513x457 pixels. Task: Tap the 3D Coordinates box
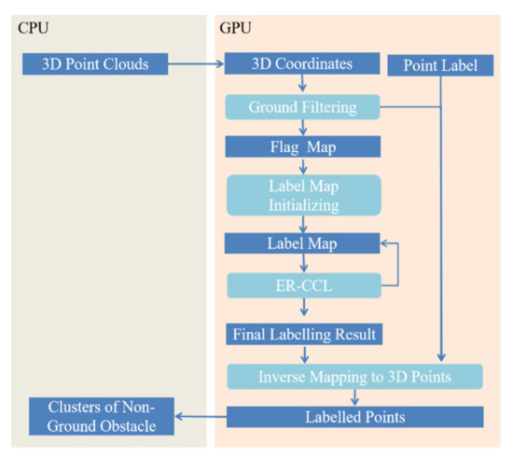pyautogui.click(x=302, y=65)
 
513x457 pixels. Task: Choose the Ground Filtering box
pyautogui.click(x=302, y=107)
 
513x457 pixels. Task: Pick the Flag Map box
pyautogui.click(x=302, y=146)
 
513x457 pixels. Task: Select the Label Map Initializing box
pyautogui.click(x=302, y=194)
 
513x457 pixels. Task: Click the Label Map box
pyautogui.click(x=302, y=242)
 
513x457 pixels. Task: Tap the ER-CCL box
pyautogui.click(x=302, y=284)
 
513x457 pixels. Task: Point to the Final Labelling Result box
pyautogui.click(x=302, y=333)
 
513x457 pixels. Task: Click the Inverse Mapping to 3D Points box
pyautogui.click(x=354, y=376)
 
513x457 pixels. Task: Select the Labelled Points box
pyautogui.click(x=354, y=416)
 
